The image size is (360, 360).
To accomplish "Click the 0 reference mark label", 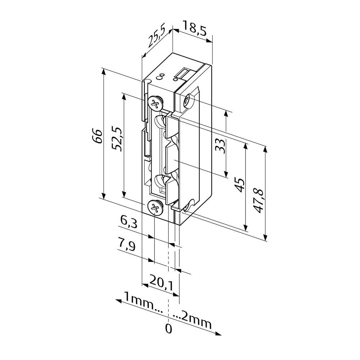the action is point(169,329).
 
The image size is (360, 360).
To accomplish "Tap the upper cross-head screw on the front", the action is point(156,102).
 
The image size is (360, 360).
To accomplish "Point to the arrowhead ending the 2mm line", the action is point(218,334).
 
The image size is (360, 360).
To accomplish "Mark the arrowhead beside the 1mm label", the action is point(118,301).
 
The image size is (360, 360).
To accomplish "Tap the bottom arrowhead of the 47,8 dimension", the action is point(266,237).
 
